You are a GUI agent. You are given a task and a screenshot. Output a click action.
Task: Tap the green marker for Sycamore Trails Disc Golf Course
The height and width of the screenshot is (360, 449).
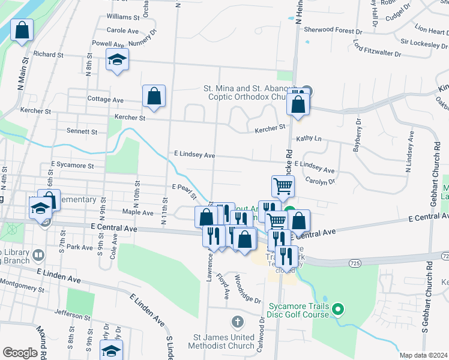click(x=337, y=310)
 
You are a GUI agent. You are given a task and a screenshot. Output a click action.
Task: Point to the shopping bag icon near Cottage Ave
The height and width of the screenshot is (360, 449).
click(x=154, y=96)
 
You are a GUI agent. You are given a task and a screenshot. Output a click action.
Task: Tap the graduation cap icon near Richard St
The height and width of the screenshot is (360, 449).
click(x=117, y=60)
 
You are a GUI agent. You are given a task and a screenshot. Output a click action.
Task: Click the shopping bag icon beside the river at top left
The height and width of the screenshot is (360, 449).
click(x=22, y=31)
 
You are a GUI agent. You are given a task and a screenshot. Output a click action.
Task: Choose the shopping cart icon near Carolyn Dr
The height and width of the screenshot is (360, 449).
click(x=283, y=186)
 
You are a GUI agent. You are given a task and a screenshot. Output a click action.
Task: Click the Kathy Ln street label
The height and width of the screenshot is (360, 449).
click(x=309, y=138)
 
